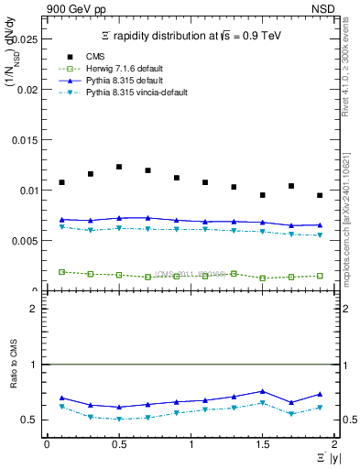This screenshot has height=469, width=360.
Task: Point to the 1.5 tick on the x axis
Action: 263,444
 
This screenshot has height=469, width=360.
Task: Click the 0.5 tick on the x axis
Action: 119,444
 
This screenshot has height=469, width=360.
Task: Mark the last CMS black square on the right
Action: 320,195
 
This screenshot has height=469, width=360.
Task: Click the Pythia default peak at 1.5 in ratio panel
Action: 263,391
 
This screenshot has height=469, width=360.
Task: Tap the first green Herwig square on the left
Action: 61,272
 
